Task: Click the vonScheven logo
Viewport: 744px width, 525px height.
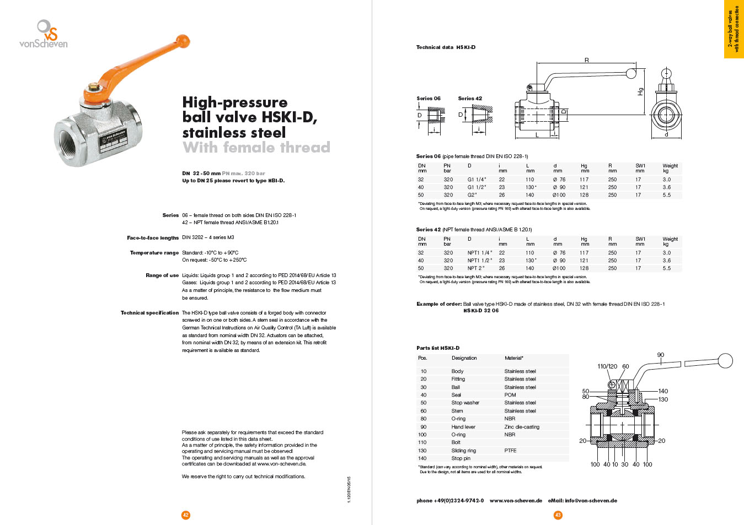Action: pos(44,34)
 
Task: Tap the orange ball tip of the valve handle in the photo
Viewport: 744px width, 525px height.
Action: pos(182,41)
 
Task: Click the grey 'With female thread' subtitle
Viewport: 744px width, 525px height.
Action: pos(256,148)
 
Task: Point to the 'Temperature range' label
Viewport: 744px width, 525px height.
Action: pos(154,253)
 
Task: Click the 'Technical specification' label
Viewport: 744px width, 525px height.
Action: pos(149,313)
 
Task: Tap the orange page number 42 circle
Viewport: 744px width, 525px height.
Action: pos(186,515)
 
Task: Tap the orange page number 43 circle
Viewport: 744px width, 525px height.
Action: pos(558,515)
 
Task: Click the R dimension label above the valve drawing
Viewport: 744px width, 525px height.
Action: pos(587,60)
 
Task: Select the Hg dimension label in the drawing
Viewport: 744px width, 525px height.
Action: pos(640,91)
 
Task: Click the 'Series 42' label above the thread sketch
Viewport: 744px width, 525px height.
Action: pos(470,99)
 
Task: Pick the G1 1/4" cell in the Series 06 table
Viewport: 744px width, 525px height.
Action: pos(477,180)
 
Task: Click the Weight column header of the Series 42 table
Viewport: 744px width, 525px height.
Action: pos(670,239)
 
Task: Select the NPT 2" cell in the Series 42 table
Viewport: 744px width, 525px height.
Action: pos(477,268)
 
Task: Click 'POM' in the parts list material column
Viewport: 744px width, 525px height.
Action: pos(510,395)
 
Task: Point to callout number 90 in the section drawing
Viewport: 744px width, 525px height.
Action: pos(661,355)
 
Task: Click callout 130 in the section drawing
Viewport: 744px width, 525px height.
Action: pos(663,399)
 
